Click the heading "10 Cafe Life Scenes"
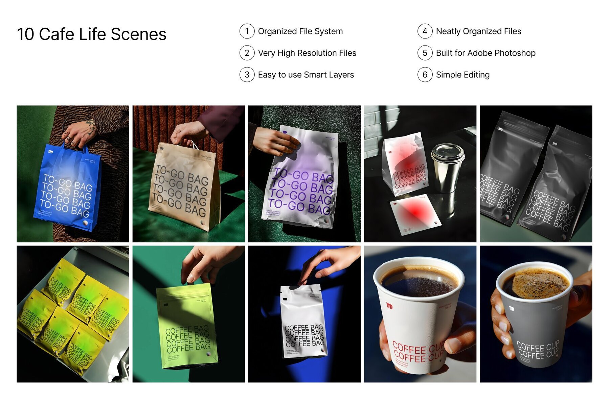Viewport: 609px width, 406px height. (x=91, y=34)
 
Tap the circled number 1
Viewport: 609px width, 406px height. (x=247, y=31)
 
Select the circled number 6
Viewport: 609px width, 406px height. (x=425, y=75)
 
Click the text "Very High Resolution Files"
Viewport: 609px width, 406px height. (x=307, y=53)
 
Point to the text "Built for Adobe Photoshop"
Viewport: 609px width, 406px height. (x=486, y=53)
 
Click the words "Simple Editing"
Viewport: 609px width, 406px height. (x=463, y=75)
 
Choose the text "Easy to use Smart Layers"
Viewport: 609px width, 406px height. (x=306, y=75)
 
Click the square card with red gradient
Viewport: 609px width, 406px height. (x=414, y=213)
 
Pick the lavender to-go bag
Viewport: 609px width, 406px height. (x=301, y=182)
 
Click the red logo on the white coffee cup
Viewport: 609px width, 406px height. (x=389, y=306)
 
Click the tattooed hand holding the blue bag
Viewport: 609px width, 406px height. (x=80, y=133)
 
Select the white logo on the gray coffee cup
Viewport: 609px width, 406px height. (x=512, y=308)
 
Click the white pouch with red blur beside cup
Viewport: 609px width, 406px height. (x=404, y=166)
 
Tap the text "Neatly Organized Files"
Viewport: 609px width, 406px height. (x=478, y=31)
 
